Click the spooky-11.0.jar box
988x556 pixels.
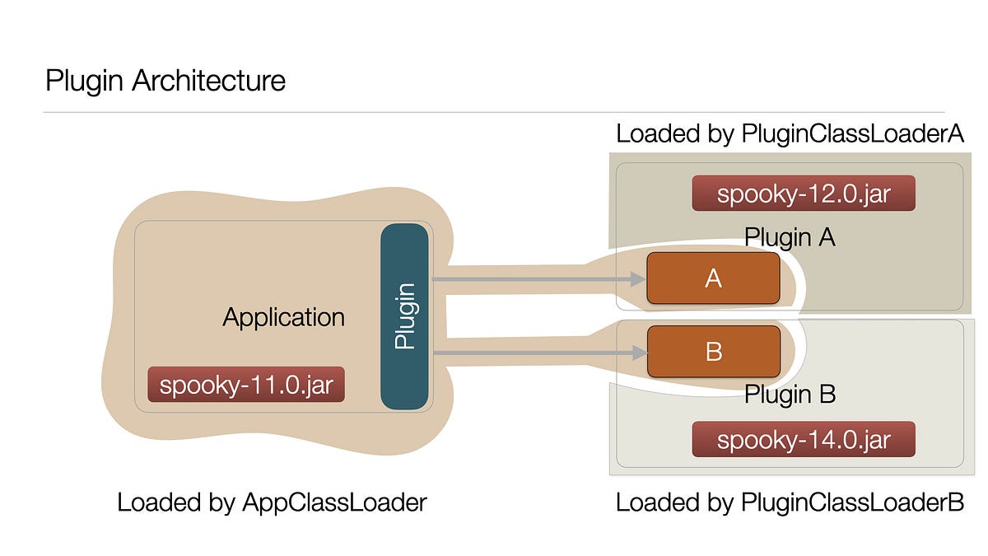point(245,385)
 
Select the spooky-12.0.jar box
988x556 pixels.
point(804,194)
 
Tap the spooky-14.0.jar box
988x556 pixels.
point(804,439)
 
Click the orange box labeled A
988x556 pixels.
point(713,278)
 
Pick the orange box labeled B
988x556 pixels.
point(713,351)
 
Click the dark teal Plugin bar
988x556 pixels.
point(404,316)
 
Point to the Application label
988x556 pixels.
point(283,317)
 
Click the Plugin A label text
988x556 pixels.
point(790,237)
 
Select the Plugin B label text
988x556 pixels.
point(790,395)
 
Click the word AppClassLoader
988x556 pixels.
point(333,502)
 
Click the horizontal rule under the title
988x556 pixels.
point(494,112)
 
